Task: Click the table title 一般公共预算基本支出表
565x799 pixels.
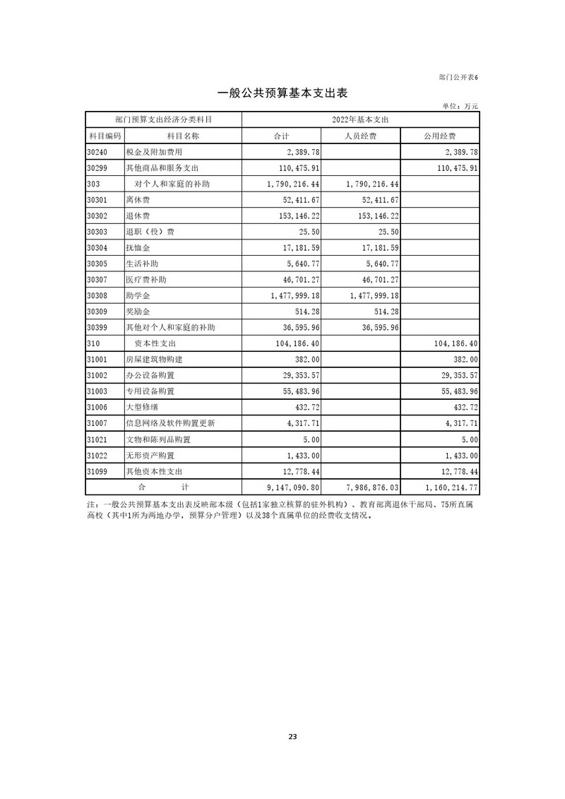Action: tap(282, 93)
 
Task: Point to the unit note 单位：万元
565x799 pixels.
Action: tap(460, 106)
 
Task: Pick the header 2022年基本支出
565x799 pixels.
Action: tap(360, 119)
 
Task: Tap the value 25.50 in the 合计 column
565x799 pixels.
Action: tap(308, 232)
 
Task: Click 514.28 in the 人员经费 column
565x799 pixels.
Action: tap(385, 312)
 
